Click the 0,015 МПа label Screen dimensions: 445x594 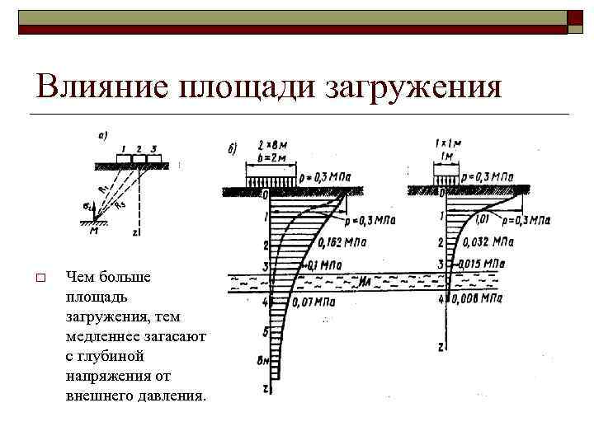[x=480, y=264]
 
